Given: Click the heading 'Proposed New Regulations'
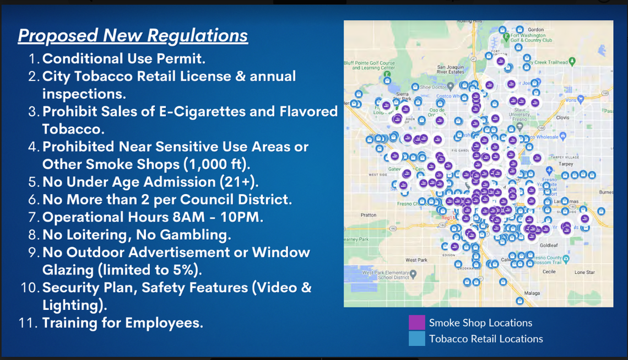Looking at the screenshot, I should click(x=133, y=36).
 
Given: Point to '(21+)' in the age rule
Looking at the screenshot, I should click(x=243, y=182).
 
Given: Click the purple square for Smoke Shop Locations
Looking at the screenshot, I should click(x=416, y=323).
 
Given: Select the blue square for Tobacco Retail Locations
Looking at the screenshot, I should click(x=416, y=338).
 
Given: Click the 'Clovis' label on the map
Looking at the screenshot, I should click(x=562, y=117).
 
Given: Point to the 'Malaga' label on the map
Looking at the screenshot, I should click(x=532, y=293).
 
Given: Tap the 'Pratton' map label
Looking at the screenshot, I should click(x=369, y=215).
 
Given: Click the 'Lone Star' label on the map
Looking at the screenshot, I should click(x=584, y=272).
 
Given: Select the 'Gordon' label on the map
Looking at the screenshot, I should click(x=535, y=30).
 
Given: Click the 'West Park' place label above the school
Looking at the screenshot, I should click(x=416, y=260).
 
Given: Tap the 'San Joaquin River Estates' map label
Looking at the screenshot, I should click(x=447, y=69).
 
